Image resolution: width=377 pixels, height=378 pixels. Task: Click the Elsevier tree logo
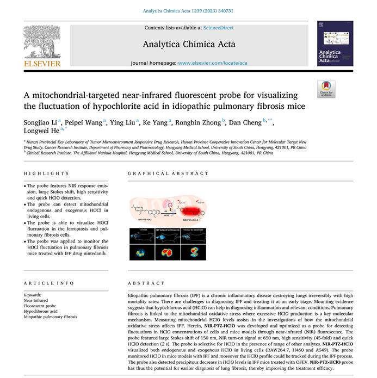click(42, 42)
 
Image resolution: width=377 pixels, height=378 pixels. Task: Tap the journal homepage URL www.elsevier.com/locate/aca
click(213, 63)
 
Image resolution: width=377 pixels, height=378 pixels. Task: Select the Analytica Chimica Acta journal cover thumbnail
click(335, 44)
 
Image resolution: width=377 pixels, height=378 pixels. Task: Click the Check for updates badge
click(326, 89)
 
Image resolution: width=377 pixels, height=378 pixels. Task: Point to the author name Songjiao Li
click(40, 122)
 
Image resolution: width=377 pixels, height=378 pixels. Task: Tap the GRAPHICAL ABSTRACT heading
click(168, 173)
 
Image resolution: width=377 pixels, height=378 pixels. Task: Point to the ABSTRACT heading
click(146, 283)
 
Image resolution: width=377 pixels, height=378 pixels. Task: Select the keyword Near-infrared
click(36, 300)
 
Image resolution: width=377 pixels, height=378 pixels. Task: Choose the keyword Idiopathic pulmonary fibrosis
click(51, 317)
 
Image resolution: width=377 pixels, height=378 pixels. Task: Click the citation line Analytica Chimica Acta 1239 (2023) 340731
click(188, 10)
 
